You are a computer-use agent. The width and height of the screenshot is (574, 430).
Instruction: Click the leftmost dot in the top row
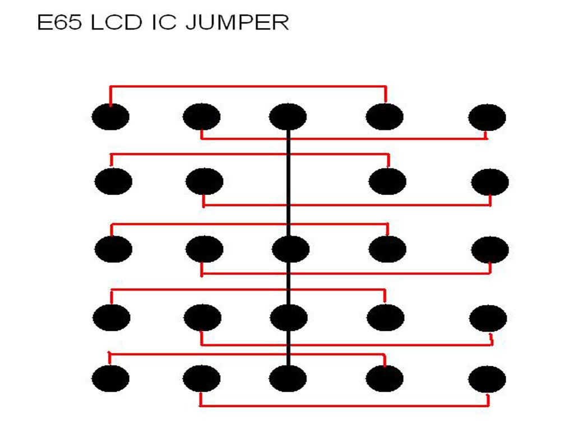pos(110,117)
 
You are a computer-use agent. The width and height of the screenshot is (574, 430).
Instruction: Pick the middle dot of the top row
pos(288,117)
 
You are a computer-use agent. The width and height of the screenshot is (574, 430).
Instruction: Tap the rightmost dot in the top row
pos(487,118)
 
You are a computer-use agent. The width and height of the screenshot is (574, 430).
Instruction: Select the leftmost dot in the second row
pos(113,181)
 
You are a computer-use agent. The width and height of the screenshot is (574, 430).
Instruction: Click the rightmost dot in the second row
pos(490,182)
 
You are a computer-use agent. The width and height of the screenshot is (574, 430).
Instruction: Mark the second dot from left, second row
pos(204,181)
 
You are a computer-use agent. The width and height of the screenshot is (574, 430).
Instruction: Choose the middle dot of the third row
pos(290,249)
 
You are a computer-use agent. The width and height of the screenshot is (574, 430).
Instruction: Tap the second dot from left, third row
pos(204,249)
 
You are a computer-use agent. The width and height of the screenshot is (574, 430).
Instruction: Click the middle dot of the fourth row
pos(289,317)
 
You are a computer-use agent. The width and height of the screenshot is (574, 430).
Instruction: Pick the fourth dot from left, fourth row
pos(386,317)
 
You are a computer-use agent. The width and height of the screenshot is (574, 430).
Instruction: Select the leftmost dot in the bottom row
pos(110,378)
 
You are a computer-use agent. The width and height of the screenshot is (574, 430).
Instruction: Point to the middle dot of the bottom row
pos(288,378)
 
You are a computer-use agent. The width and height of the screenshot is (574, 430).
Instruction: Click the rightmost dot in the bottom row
pos(487,378)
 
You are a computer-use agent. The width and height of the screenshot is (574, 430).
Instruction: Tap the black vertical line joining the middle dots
pos(289,213)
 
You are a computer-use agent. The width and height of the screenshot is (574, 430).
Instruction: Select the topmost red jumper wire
pos(247,86)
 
